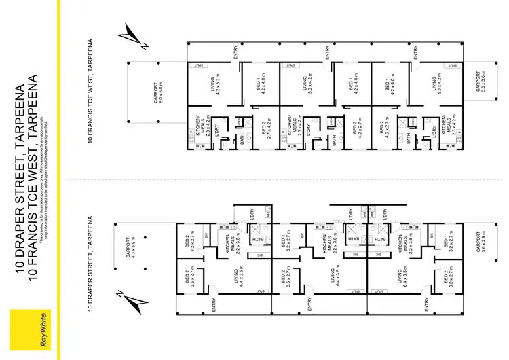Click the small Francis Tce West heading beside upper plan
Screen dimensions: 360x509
(x=90, y=99)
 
